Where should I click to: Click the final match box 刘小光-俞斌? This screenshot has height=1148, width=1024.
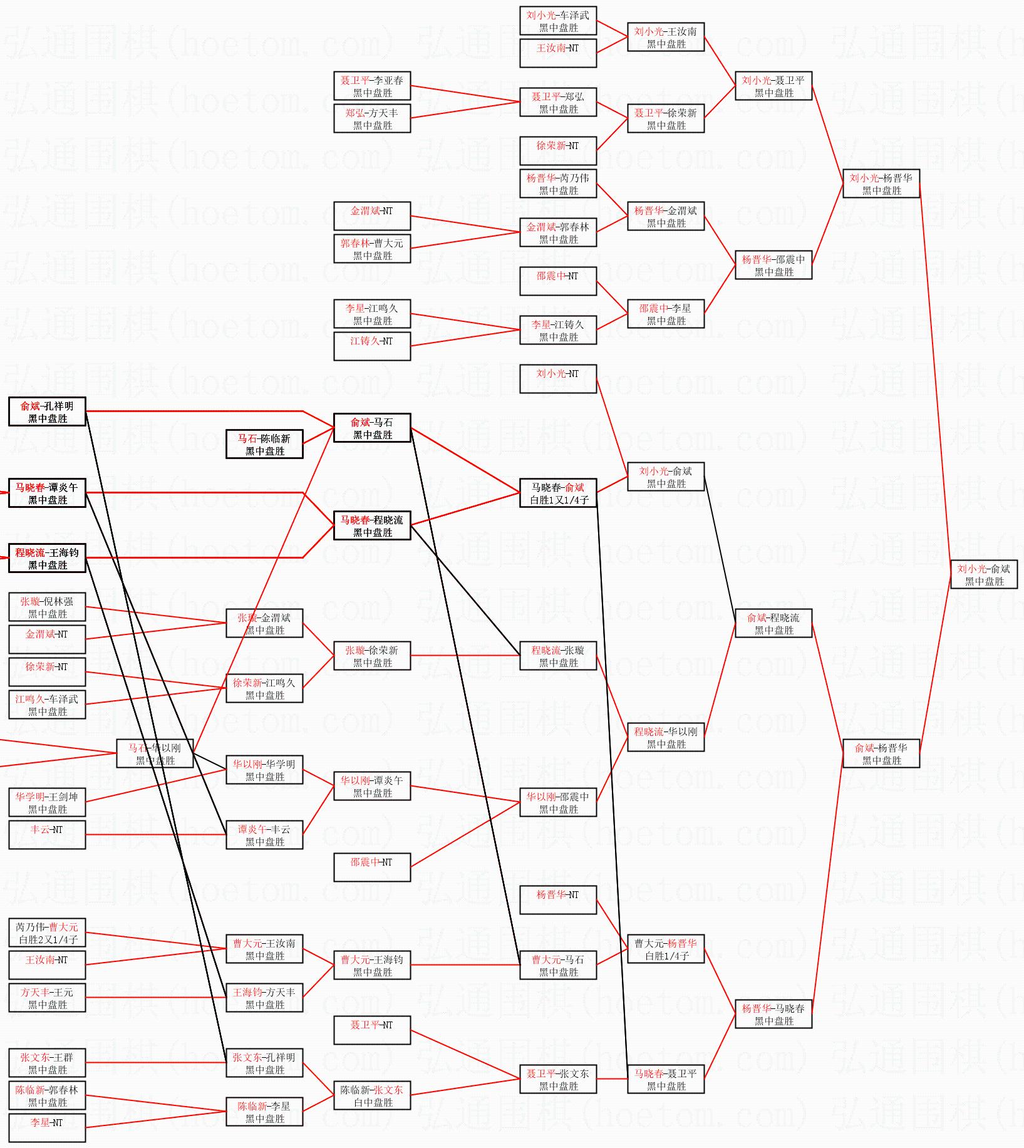(983, 574)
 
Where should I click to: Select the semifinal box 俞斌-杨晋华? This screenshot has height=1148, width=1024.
(881, 753)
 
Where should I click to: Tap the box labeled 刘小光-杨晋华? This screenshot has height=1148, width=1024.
(881, 184)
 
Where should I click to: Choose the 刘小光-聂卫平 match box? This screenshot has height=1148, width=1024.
(773, 86)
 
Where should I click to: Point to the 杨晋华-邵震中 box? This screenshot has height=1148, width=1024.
(773, 265)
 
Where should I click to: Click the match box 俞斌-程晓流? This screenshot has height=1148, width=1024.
(773, 623)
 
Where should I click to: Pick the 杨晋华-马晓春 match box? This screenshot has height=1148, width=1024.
(773, 1014)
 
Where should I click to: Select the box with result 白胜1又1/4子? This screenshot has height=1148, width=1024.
(558, 493)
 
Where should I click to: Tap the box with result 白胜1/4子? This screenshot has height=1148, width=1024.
(666, 949)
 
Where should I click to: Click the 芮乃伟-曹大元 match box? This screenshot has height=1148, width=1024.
(47, 933)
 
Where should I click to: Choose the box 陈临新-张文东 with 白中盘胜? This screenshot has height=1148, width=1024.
(372, 1095)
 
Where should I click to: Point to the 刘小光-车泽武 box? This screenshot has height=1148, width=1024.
(558, 21)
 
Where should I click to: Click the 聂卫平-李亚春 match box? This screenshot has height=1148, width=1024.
(372, 86)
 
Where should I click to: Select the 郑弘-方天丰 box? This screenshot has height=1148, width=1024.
(372, 118)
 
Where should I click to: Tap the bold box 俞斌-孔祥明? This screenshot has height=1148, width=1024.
(47, 411)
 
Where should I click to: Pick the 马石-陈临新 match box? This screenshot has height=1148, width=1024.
(264, 444)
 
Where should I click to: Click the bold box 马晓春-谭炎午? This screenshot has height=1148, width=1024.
(47, 493)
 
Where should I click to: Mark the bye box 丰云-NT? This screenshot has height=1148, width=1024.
(47, 835)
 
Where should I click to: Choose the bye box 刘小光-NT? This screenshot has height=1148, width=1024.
(558, 379)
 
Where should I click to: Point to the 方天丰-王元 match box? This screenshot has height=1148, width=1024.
(47, 998)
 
